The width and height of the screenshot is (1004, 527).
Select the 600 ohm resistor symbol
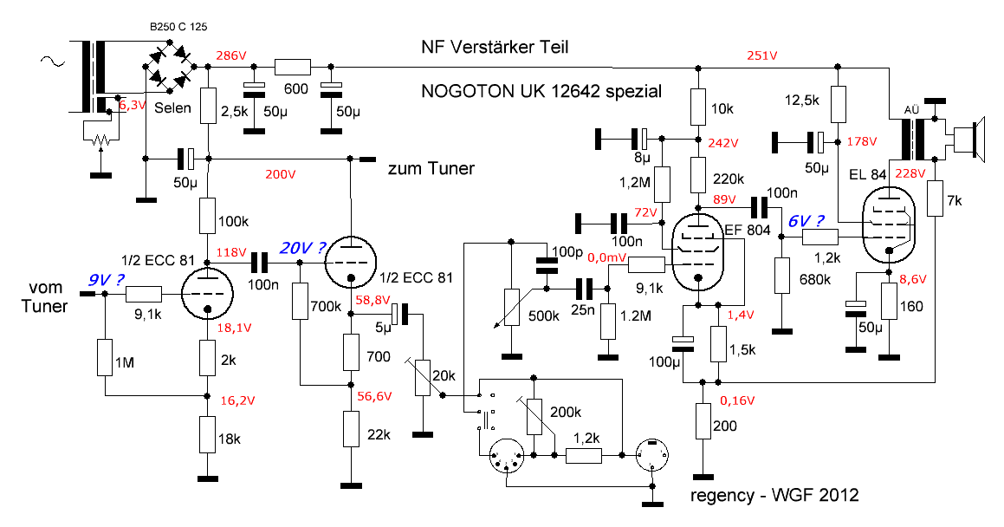pos(292,67)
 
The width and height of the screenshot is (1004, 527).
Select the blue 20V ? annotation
pos(301,248)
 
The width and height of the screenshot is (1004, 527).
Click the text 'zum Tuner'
pos(432,169)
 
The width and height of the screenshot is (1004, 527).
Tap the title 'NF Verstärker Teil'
pos(495,46)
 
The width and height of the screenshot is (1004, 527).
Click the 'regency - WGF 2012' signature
pos(775,496)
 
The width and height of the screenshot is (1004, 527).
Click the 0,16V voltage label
pos(739,401)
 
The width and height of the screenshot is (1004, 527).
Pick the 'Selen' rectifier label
pos(173,108)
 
